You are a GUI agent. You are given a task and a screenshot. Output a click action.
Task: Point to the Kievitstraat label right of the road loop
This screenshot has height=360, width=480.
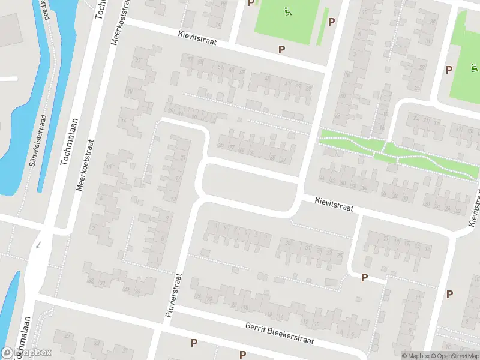(332, 204)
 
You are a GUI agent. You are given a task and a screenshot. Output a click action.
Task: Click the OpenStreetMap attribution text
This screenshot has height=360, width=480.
(456, 356)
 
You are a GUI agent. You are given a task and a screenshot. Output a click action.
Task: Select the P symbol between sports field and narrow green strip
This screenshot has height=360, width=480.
(332, 21)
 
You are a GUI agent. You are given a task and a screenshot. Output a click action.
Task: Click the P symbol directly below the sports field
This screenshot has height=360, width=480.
(281, 49)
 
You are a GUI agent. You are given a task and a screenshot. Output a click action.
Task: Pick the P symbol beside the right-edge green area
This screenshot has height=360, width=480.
(449, 70)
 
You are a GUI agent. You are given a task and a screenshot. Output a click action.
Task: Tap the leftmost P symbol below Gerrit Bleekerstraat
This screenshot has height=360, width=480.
(194, 343)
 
